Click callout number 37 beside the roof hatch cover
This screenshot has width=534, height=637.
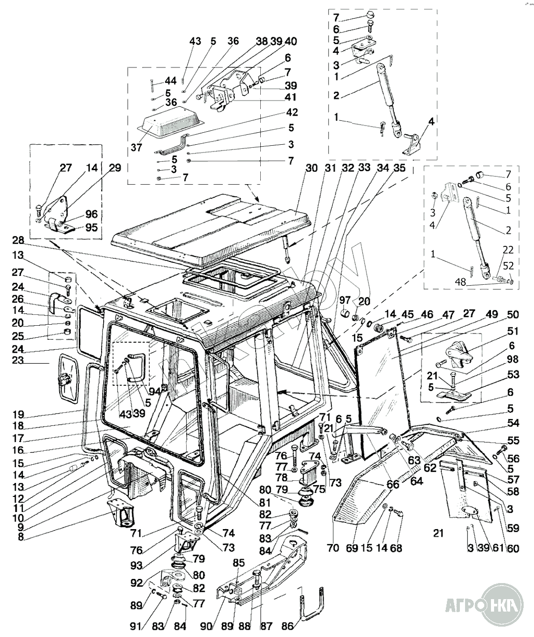coord(136,147)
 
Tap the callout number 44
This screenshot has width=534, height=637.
coord(171,81)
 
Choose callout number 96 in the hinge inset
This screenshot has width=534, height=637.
coord(91,214)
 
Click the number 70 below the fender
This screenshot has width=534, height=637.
coord(333,547)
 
